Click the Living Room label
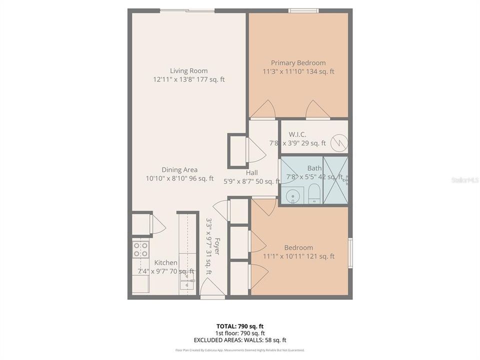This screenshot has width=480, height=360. (x=188, y=71)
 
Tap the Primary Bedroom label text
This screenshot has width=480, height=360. (x=298, y=63)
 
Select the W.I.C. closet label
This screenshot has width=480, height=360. (x=297, y=134)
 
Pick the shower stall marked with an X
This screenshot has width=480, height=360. (x=335, y=180)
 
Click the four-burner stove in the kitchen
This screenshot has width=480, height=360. (x=140, y=249)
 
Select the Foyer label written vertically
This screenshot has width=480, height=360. (x=217, y=246)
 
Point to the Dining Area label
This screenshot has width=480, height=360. (x=179, y=170)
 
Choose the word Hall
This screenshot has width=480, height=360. (x=251, y=172)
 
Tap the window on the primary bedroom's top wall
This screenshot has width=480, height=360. (x=303, y=10)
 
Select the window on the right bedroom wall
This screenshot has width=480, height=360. (x=350, y=253)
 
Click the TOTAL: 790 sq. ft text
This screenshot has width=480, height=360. (x=240, y=326)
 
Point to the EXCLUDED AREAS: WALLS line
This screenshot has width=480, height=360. (x=240, y=340)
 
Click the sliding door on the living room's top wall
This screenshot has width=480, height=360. (x=187, y=10)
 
